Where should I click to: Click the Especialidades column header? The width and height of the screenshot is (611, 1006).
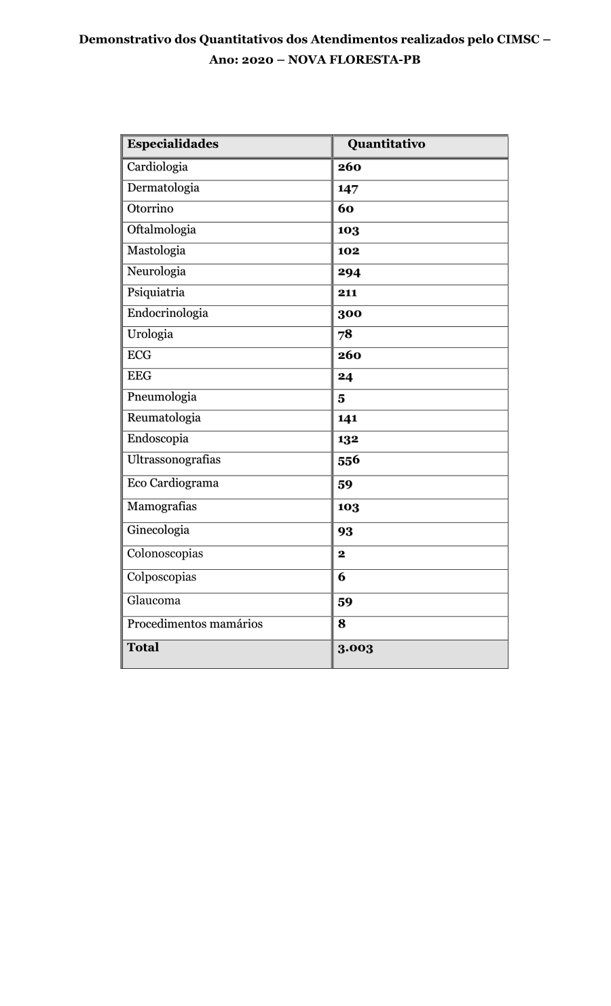click(172, 144)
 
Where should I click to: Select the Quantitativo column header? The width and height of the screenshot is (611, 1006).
click(386, 144)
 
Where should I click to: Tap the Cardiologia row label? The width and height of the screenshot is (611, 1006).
click(157, 167)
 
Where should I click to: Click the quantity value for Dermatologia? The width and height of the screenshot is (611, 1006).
click(348, 189)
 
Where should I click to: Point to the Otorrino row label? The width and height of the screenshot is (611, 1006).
click(150, 209)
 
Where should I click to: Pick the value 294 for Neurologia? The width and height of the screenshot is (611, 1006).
click(349, 272)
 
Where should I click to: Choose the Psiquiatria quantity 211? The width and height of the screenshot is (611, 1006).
click(347, 293)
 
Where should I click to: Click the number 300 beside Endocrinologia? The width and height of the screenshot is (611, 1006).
click(350, 313)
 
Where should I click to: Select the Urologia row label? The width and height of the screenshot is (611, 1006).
click(150, 334)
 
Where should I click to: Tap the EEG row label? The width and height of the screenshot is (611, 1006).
click(139, 376)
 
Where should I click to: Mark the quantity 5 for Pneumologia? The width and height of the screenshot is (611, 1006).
click(341, 398)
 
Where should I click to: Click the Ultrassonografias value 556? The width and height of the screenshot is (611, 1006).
click(349, 460)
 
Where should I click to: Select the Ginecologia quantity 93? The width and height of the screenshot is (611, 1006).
click(346, 531)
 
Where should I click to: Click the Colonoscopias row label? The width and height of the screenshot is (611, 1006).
click(165, 554)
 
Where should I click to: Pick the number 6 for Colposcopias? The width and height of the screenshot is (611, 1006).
click(341, 577)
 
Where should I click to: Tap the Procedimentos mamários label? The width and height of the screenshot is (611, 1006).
click(194, 624)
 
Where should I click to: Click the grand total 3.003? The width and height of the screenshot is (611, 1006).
click(355, 648)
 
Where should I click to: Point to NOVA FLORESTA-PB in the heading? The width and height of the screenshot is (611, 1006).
click(354, 60)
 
